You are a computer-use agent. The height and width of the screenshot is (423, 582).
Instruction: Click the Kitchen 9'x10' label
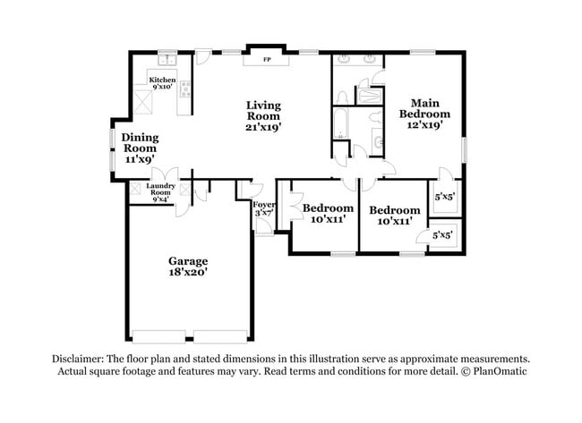(x=163, y=83)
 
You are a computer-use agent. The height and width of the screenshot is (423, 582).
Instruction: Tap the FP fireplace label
(x=266, y=61)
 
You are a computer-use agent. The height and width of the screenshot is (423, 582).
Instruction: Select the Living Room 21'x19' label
(x=264, y=116)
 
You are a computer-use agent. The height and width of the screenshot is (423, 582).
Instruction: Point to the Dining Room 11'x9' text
(x=140, y=148)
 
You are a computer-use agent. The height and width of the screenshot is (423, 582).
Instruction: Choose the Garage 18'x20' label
(x=188, y=266)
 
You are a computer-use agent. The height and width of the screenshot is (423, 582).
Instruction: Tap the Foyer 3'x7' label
(x=263, y=207)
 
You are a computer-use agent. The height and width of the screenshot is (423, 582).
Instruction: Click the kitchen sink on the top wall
(x=166, y=61)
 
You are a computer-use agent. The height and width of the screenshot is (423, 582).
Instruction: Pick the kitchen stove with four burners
(x=185, y=88)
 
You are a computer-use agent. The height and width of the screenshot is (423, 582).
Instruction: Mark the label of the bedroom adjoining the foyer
(x=327, y=213)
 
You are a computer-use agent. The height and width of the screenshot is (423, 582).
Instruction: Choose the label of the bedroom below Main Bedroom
(x=394, y=216)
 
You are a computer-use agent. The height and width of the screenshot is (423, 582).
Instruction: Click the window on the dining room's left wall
(x=111, y=148)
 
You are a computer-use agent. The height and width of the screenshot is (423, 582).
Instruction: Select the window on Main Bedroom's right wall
(x=464, y=148)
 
